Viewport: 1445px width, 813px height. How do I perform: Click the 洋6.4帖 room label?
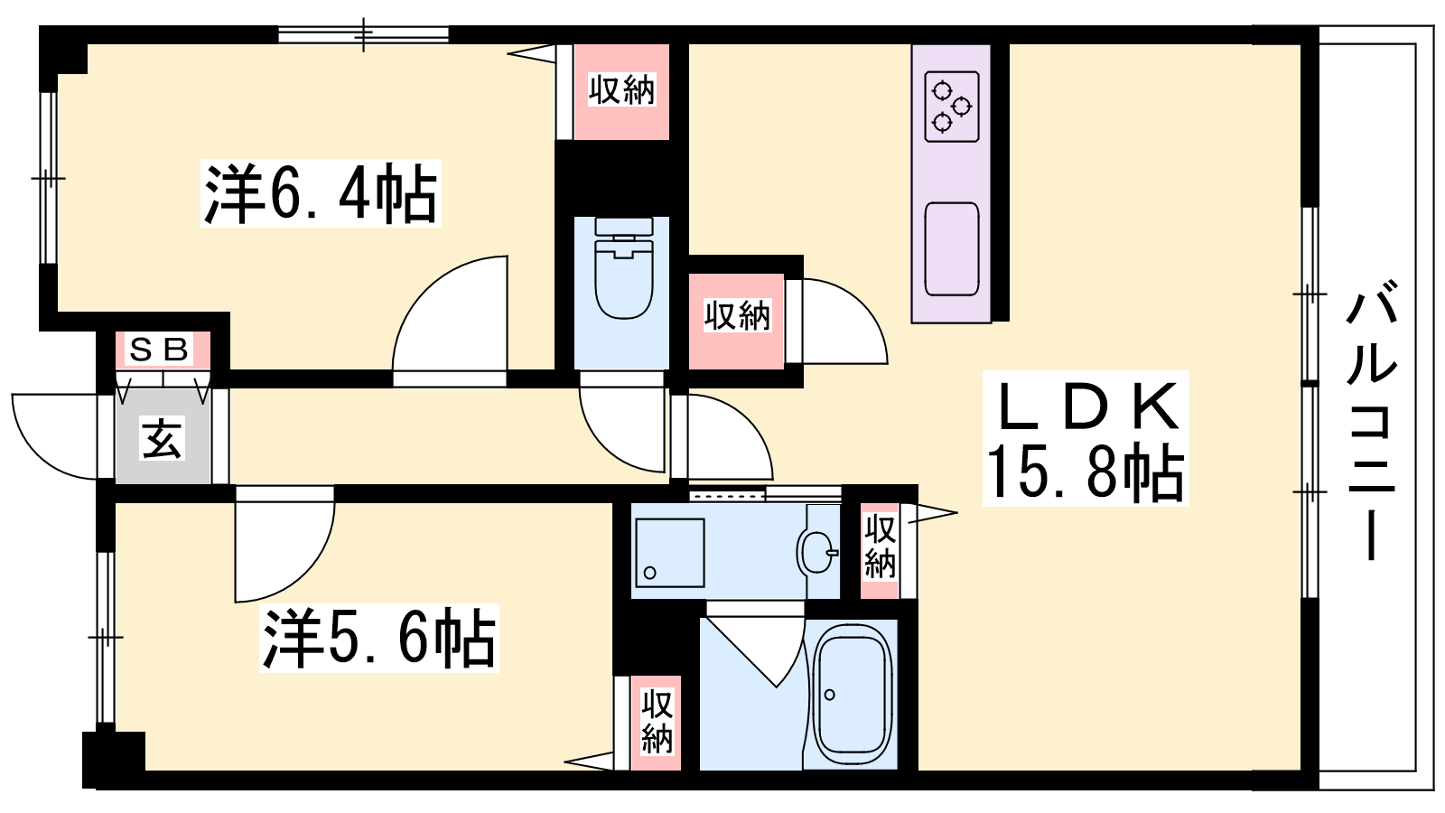[321, 193]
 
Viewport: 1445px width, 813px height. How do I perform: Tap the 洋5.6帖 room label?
[379, 638]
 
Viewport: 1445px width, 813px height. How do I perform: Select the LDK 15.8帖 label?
[1085, 439]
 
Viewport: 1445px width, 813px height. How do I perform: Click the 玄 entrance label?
[162, 437]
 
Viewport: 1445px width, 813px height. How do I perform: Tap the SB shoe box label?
[159, 350]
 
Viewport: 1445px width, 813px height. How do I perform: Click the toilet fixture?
[623, 267]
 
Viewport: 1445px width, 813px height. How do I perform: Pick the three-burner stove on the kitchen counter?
[952, 107]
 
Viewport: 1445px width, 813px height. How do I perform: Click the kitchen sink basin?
[952, 249]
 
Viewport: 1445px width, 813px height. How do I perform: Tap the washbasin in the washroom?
[816, 552]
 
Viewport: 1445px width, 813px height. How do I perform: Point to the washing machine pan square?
[669, 552]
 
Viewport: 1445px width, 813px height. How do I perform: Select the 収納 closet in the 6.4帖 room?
[621, 91]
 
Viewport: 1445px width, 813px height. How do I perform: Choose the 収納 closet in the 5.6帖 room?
[657, 723]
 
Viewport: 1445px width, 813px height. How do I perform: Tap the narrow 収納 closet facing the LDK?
[880, 550]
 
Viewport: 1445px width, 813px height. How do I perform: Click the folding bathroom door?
[755, 651]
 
